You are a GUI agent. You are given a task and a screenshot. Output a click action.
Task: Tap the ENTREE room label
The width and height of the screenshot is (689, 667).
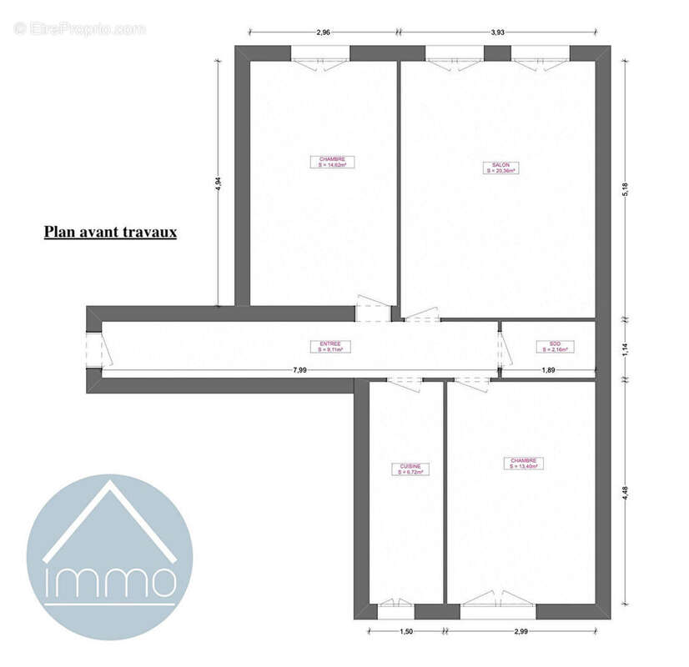[330, 347]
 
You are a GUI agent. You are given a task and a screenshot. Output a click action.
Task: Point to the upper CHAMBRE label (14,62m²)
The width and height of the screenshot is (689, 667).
[332, 162]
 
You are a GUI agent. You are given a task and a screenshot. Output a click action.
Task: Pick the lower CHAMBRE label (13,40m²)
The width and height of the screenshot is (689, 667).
[524, 464]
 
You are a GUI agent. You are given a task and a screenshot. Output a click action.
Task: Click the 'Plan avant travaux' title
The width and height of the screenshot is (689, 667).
[110, 233]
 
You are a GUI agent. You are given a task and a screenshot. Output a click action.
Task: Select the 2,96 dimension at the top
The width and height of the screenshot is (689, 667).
[324, 33]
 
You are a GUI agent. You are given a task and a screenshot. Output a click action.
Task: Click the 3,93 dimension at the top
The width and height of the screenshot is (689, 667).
[497, 33]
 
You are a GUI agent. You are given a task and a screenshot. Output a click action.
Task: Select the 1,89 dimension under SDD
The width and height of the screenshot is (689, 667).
[549, 369]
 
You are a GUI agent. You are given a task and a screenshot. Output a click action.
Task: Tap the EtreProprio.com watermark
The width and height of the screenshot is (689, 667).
[80, 28]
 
